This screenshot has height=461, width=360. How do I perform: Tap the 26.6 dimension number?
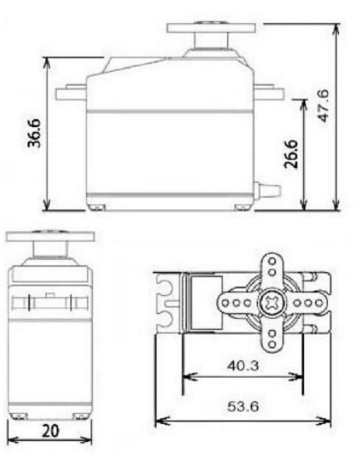click(x=292, y=153)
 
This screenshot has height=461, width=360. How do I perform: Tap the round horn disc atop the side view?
click(x=209, y=28)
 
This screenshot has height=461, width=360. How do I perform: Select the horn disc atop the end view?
click(x=49, y=235)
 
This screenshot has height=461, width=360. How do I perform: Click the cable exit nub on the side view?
click(x=269, y=190)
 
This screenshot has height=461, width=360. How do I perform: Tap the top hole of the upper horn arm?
click(x=270, y=259)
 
